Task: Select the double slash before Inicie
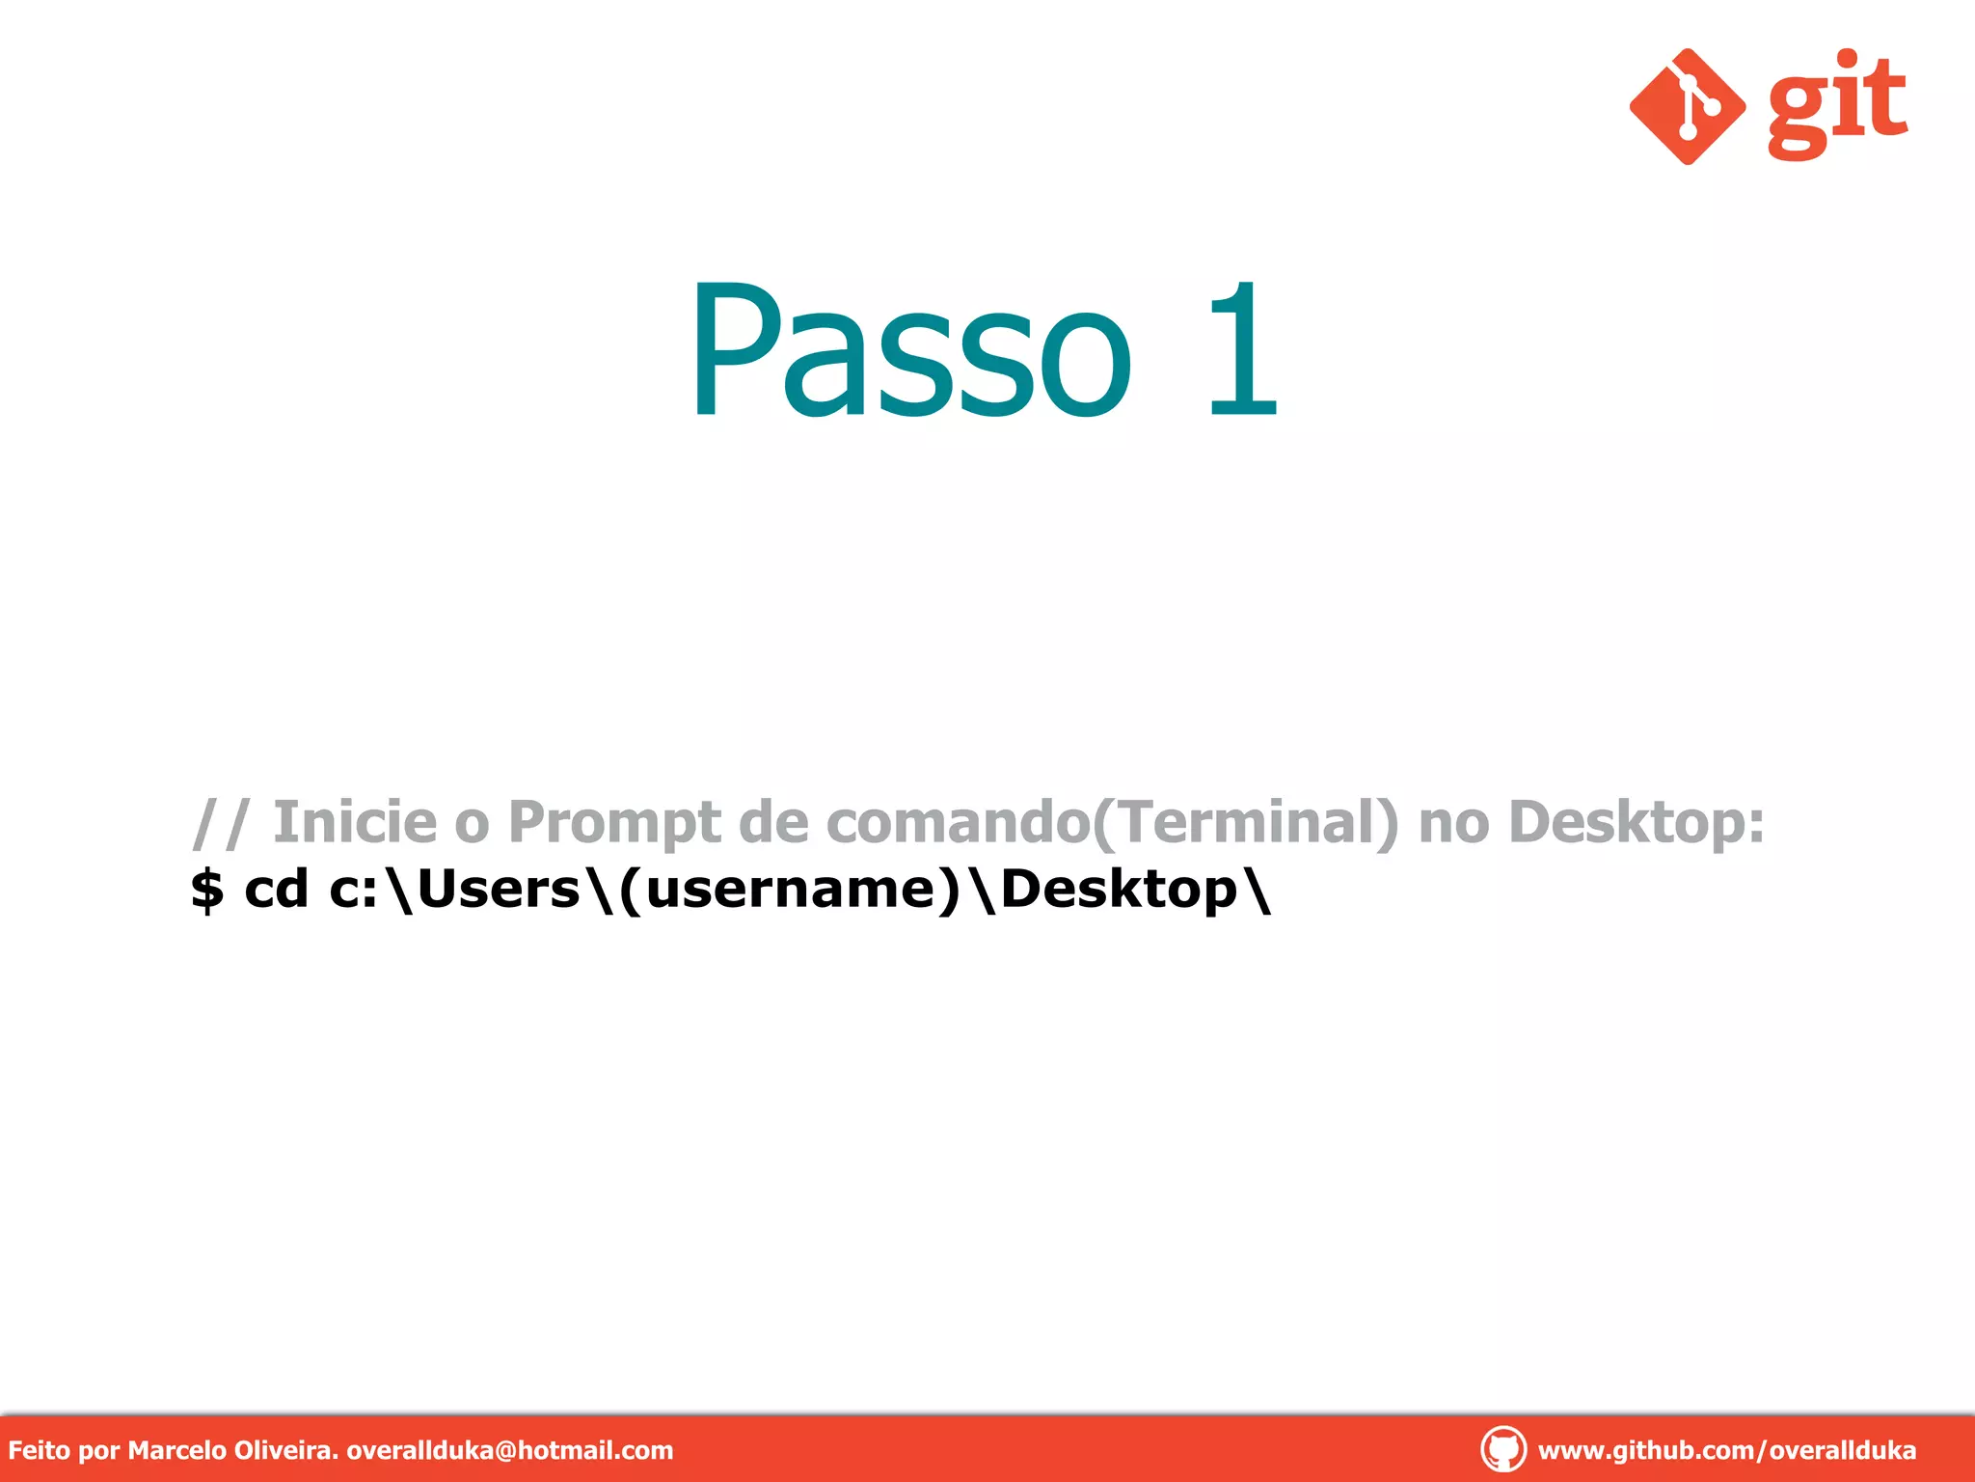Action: click(220, 823)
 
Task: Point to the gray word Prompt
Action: click(614, 823)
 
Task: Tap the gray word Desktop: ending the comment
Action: click(1636, 823)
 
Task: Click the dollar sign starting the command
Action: click(207, 889)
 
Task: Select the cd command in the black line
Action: click(276, 889)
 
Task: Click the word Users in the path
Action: click(500, 889)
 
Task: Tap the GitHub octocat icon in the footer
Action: click(1502, 1449)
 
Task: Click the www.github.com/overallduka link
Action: click(1726, 1450)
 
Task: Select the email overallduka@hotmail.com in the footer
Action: click(509, 1450)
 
